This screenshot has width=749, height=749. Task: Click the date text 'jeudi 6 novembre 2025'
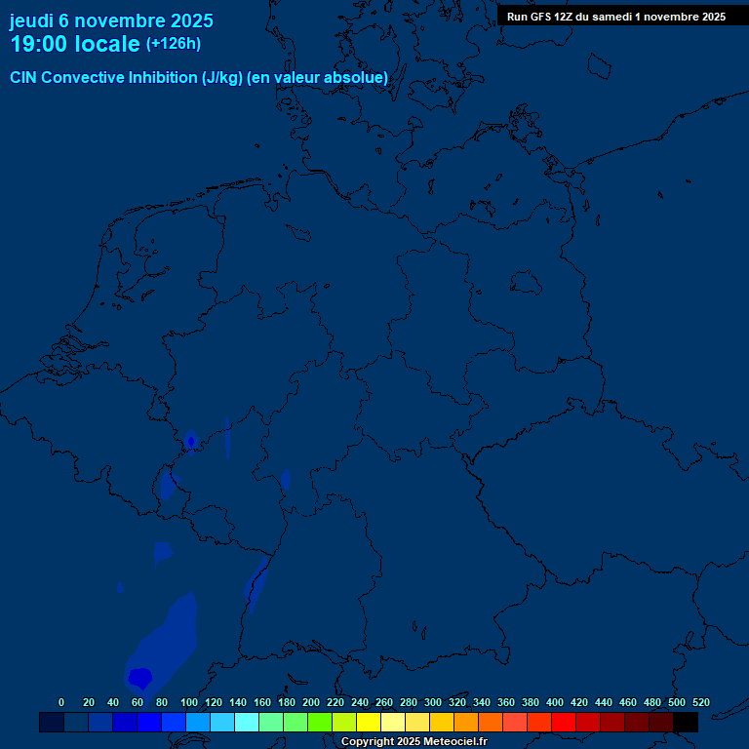tap(111, 20)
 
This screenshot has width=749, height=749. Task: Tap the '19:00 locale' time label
tap(74, 44)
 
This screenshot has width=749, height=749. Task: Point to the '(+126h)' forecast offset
tap(173, 44)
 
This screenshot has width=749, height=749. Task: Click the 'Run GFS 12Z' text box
tap(615, 17)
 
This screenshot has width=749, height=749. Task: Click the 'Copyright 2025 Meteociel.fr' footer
tap(414, 742)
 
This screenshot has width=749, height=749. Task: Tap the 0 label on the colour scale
tap(61, 702)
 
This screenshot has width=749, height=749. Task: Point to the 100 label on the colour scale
tap(189, 702)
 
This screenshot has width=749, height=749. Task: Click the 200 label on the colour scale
tap(311, 702)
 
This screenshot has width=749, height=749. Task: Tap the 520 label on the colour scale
tap(701, 702)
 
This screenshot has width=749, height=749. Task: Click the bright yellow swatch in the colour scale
tap(369, 723)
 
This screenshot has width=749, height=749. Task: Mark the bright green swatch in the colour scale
tap(320, 723)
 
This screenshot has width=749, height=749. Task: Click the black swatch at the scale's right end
tap(686, 723)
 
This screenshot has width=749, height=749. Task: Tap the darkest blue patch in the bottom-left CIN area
tap(140, 676)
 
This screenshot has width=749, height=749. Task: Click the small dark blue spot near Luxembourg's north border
tap(191, 440)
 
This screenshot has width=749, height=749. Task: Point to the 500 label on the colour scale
tap(677, 702)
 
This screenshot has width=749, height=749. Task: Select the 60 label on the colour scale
tap(138, 702)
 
